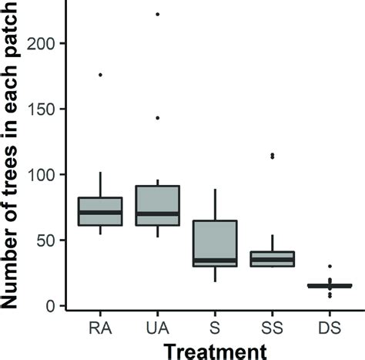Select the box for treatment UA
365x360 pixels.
point(157,206)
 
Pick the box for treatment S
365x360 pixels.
point(214,243)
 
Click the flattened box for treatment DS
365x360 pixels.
point(330,286)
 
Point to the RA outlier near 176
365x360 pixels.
point(100,75)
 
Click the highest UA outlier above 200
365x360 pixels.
point(157,14)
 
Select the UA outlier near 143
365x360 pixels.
point(157,118)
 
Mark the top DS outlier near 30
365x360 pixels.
point(330,267)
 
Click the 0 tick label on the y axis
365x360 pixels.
point(51,306)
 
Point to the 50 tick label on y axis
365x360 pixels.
point(47,241)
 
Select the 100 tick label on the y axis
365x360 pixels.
point(43,175)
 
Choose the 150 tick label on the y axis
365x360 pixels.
point(43,109)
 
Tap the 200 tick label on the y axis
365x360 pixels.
point(43,44)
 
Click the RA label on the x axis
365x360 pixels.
point(101,328)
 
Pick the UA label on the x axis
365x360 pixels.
point(157,328)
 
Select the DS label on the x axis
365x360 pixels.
point(330,328)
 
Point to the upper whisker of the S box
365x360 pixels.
point(215,204)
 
